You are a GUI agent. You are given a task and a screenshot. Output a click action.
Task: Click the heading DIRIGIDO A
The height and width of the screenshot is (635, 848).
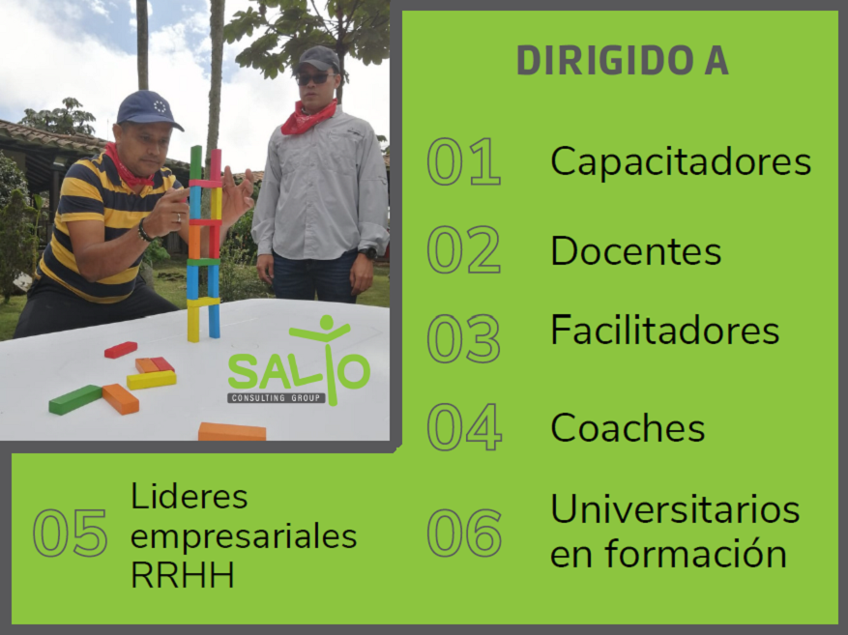click(x=623, y=60)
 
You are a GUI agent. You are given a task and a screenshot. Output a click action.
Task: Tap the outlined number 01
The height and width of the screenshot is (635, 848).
click(x=464, y=161)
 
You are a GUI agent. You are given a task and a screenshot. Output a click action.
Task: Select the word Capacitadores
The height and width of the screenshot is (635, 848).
click(x=681, y=160)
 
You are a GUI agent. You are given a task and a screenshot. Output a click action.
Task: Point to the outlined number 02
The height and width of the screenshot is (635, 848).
click(x=464, y=249)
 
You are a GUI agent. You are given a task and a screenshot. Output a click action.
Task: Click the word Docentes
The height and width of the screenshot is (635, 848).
click(x=636, y=250)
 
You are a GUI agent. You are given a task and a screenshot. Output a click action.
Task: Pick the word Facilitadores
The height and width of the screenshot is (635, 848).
click(x=664, y=330)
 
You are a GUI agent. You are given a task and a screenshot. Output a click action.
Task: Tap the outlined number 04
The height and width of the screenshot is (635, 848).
click(x=464, y=427)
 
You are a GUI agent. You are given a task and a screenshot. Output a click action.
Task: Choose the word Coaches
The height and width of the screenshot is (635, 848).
click(x=628, y=427)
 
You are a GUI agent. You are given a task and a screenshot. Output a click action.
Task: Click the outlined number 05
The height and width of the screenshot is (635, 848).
click(x=71, y=533)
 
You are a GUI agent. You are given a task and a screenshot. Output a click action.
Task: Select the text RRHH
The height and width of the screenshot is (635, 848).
click(x=183, y=574)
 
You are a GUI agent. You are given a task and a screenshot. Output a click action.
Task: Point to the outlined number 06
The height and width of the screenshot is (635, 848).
click(x=464, y=533)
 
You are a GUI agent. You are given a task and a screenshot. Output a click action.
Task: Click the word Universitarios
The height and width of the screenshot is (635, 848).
click(x=675, y=509)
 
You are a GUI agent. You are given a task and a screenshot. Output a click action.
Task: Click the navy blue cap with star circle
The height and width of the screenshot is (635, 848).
click(x=148, y=110)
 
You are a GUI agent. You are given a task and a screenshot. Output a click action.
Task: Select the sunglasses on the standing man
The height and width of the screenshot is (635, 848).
click(x=315, y=79)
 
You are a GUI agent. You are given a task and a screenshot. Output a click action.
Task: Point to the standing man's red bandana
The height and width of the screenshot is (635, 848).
click(x=307, y=117)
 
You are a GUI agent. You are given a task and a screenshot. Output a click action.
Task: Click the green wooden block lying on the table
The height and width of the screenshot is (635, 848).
click(x=75, y=399)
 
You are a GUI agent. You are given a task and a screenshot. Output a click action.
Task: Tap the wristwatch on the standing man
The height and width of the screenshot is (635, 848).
click(x=367, y=252)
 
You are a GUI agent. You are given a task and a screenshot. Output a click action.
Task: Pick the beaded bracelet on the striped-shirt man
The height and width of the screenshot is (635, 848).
click(x=144, y=230)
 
